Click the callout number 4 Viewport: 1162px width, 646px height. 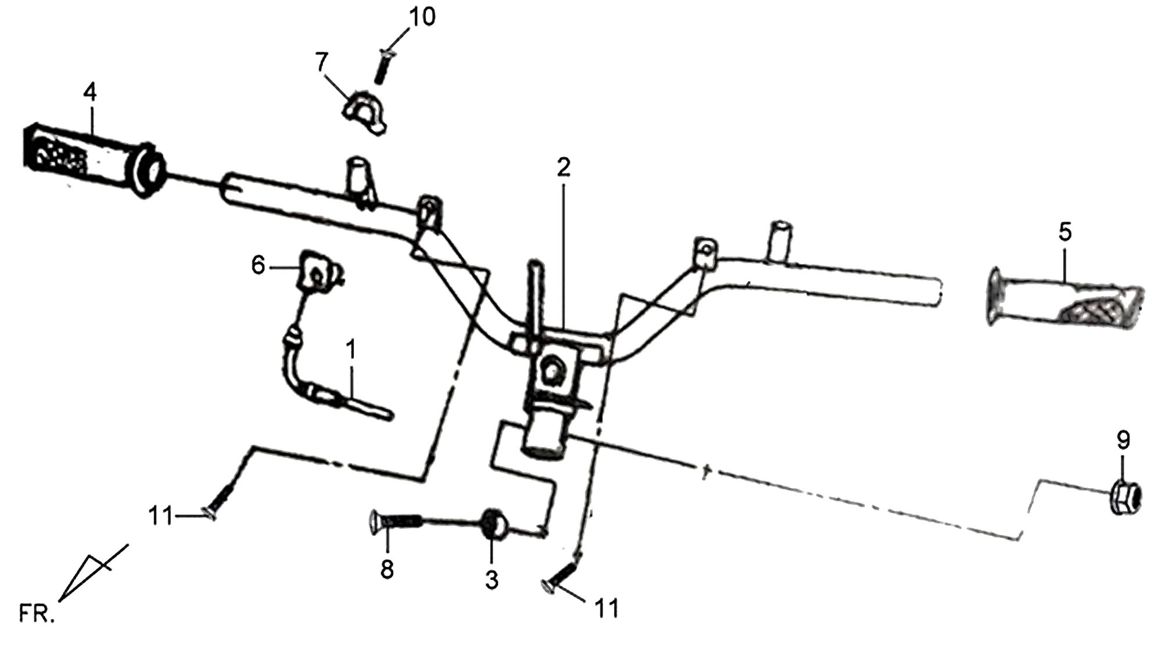[x=90, y=92]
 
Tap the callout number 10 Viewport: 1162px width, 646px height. [x=422, y=17]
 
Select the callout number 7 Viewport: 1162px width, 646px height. [x=322, y=61]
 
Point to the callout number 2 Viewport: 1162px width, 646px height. [x=563, y=168]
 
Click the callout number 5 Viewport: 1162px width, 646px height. [x=1065, y=232]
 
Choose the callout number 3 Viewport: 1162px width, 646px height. [x=492, y=580]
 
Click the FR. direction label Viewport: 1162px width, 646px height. [x=37, y=613]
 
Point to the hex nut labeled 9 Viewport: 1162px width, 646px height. [x=1126, y=499]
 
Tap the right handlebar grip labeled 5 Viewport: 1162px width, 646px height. [x=1066, y=304]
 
